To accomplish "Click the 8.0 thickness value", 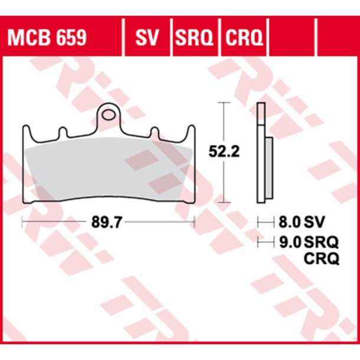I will [x=287, y=222].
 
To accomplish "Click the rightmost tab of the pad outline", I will [x=190, y=131].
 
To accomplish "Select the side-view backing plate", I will [x=260, y=153].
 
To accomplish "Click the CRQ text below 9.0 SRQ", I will [x=321, y=258].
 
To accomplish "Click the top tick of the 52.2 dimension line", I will [x=222, y=103].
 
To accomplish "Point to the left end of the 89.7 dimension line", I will [x=22, y=222].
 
